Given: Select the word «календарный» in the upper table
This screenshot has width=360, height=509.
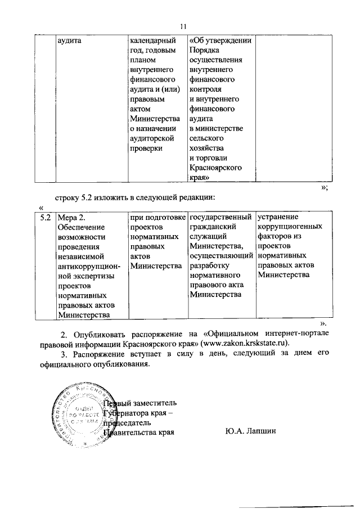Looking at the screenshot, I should click(152, 40).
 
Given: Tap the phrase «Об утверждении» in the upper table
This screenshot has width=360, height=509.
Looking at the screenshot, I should click(219, 40).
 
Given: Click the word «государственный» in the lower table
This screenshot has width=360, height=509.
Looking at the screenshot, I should click(220, 217).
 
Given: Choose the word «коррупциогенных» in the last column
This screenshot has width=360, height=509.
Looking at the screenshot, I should click(290, 226).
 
